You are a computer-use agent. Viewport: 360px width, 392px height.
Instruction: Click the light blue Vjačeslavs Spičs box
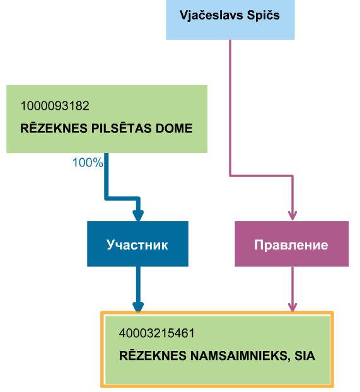[x=230, y=20]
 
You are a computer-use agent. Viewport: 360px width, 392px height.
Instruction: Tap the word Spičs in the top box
[x=263, y=16]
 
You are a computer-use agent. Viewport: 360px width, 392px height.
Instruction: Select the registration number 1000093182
[x=55, y=106]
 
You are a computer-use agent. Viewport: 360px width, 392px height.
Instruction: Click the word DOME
[x=174, y=128]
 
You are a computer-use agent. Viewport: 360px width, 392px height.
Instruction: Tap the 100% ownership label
[x=88, y=163]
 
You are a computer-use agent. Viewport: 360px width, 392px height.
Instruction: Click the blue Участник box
[x=137, y=244]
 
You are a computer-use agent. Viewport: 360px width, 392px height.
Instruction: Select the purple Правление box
[x=292, y=244]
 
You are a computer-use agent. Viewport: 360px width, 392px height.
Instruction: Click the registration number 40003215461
[x=156, y=333]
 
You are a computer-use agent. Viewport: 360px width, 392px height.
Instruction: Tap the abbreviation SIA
[x=305, y=355]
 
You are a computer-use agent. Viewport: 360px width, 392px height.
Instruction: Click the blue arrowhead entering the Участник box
[x=138, y=216]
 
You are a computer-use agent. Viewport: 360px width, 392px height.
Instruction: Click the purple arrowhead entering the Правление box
[x=292, y=216]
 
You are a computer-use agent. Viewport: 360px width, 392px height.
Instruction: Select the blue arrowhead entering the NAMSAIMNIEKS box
[x=138, y=307]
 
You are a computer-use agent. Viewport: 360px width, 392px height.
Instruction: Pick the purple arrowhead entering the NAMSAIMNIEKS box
[x=292, y=307]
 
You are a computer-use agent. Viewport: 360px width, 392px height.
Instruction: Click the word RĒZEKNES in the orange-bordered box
[x=153, y=355]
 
